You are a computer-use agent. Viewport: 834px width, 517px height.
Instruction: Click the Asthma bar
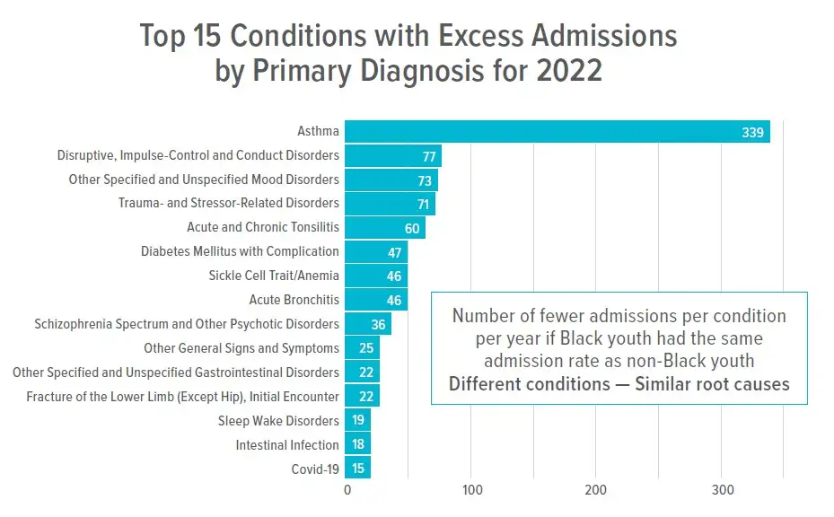click(x=557, y=132)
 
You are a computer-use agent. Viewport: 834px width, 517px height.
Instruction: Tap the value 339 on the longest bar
click(x=752, y=132)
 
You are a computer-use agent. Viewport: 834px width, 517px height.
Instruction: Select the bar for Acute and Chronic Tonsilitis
click(x=385, y=228)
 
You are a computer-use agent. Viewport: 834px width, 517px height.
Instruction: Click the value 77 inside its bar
click(x=429, y=156)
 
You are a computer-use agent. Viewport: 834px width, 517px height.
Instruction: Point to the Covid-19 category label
click(x=315, y=469)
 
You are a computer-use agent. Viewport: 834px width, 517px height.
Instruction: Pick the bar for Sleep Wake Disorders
click(x=357, y=420)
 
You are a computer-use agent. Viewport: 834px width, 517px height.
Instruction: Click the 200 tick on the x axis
click(x=596, y=490)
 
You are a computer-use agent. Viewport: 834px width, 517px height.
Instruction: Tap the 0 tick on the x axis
click(x=347, y=490)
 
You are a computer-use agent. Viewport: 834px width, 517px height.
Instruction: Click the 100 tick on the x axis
click(x=472, y=490)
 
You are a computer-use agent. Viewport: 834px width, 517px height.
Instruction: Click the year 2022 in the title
click(x=569, y=72)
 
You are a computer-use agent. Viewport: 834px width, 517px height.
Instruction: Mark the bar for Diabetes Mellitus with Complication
click(x=376, y=252)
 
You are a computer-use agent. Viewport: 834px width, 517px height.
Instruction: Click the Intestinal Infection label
click(x=287, y=444)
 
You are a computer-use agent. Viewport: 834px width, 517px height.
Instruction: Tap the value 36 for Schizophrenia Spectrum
click(x=379, y=324)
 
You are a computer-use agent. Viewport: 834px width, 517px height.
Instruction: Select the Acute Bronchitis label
click(x=294, y=300)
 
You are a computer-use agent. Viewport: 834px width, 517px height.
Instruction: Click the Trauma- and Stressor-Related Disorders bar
click(x=390, y=204)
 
